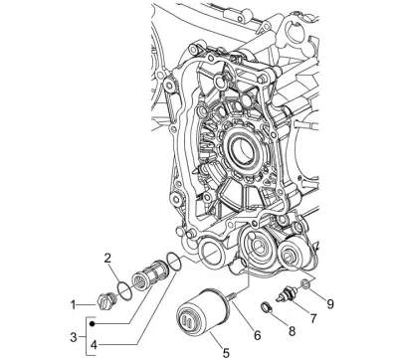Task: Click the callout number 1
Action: pos(74,305)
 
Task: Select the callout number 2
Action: pos(107,259)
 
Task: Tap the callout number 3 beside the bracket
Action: pos(74,338)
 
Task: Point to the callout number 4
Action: pos(95,345)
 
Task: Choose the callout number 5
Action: pos(226,353)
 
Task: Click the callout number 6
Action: pos(258,335)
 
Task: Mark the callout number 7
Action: pos(313,318)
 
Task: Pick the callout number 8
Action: pos(292,331)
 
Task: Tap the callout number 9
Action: pos(330,304)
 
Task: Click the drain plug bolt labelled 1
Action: pos(104,300)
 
